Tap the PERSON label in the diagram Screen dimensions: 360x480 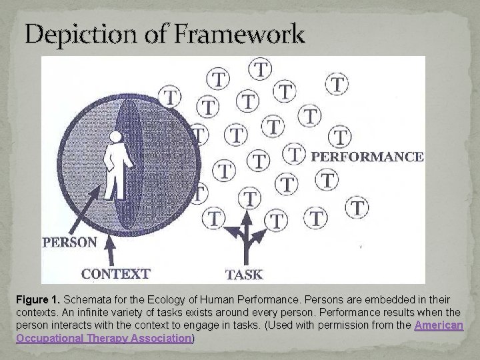(x=69, y=242)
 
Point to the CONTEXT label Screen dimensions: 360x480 (x=115, y=273)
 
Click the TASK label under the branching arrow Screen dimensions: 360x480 (x=244, y=273)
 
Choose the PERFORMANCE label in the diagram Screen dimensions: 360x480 (x=367, y=157)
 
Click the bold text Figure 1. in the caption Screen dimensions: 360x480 (x=38, y=299)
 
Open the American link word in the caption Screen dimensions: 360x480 (x=439, y=325)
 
